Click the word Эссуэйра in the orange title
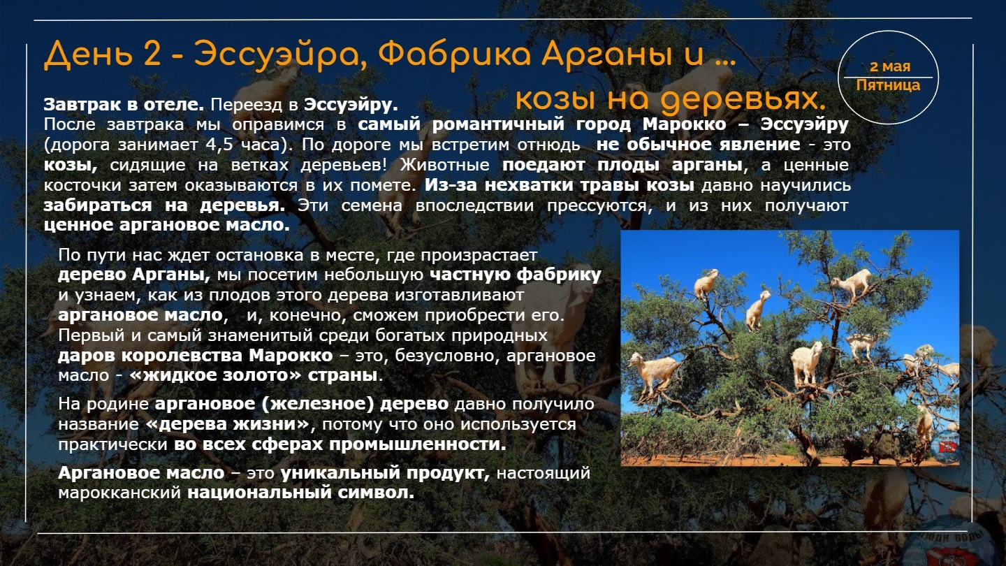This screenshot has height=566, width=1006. [x=279, y=55]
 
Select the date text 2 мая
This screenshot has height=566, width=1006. [x=890, y=66]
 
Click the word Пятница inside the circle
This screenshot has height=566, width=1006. [x=888, y=85]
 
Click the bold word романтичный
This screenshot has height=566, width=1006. [x=497, y=124]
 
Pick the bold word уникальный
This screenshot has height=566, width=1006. [x=340, y=473]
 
